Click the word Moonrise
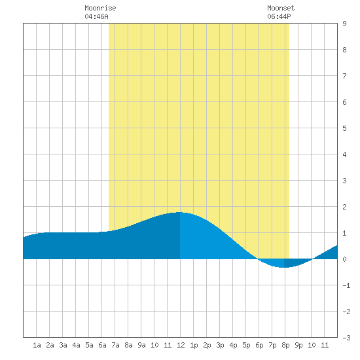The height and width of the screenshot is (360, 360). pos(100,8)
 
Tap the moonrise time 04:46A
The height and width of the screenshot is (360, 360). pos(96,16)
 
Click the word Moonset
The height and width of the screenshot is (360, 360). pos(281,8)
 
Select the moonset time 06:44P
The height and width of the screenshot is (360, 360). pos(279,16)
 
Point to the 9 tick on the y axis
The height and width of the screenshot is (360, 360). pos(344,24)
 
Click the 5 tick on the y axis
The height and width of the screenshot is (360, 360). pos(344,128)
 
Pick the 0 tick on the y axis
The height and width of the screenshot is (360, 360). pos(344,259)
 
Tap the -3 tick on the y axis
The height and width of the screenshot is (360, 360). pos(346,338)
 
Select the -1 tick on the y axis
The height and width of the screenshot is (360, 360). pos(346,285)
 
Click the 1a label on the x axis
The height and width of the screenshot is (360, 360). pos(37,345)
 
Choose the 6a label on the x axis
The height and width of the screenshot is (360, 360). pos(102,345)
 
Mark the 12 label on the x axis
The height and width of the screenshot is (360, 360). pos(181,345)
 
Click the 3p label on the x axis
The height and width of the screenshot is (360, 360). pos(220,345)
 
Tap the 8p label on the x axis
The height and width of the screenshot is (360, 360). pos(285,345)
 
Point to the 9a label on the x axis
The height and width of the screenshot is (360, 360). pos(141,345)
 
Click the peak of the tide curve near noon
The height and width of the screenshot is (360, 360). pos(179,212)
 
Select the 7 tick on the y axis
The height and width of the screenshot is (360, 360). pos(344,76)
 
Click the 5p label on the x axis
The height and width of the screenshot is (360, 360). pos(246,345)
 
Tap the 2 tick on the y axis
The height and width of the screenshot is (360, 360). pos(344,207)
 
